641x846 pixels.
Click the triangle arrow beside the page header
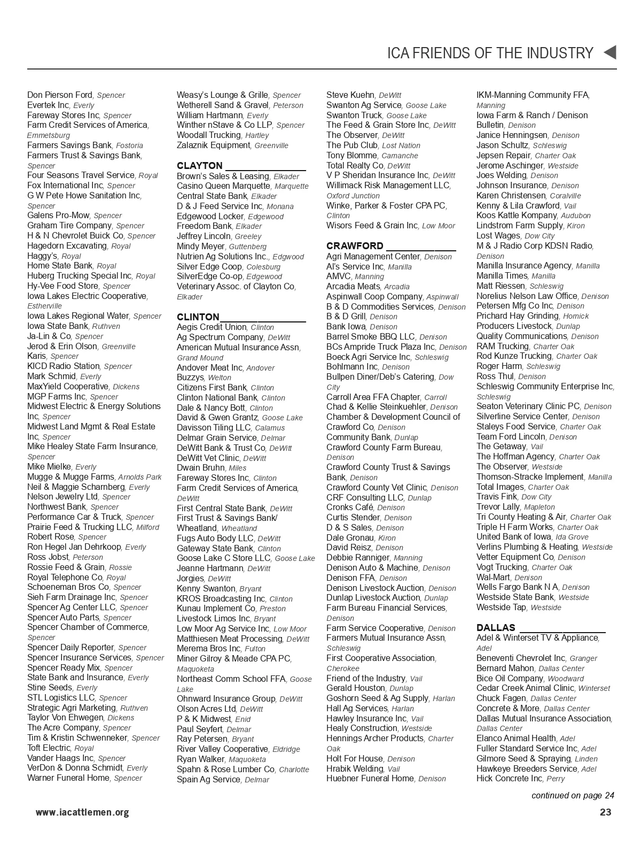[x=609, y=52]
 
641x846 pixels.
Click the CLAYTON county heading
[x=200, y=166]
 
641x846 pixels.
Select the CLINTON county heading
[x=198, y=317]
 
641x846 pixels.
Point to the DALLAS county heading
[x=496, y=628]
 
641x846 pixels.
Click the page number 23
[x=605, y=812]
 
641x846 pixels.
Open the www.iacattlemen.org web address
[x=82, y=813]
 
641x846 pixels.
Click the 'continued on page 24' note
[x=573, y=795]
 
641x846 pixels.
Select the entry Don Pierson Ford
[x=60, y=95]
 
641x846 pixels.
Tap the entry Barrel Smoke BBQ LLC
[x=371, y=337]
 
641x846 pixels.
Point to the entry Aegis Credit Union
[x=212, y=327]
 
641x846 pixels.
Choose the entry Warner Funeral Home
[x=68, y=778]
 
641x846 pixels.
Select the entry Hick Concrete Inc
[x=509, y=779]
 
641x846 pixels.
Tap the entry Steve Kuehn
[x=350, y=95]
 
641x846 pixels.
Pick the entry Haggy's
[x=42, y=256]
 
